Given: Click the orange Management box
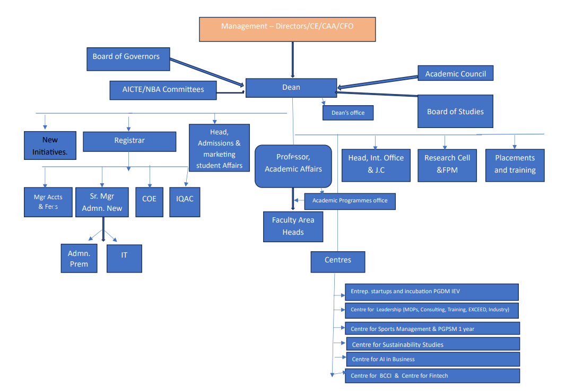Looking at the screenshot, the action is click(288, 29).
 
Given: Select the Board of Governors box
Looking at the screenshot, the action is click(128, 59).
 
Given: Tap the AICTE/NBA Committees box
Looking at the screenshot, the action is click(163, 90).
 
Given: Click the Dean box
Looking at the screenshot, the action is click(291, 88).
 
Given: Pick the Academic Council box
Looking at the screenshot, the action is click(456, 73).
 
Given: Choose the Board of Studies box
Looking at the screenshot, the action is click(456, 112).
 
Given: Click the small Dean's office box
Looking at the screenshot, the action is click(348, 113).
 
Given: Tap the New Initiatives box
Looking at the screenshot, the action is click(50, 146).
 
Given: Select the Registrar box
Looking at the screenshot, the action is click(129, 141).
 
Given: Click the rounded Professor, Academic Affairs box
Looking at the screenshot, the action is click(293, 166).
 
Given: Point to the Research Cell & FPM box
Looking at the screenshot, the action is click(447, 165).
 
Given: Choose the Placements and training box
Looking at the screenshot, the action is click(515, 165).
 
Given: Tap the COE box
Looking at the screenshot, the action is click(150, 202).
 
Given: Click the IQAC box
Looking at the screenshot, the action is click(185, 202).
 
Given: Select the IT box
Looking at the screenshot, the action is click(124, 258).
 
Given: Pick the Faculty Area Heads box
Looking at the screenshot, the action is click(293, 227).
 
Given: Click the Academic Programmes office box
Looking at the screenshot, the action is click(350, 201).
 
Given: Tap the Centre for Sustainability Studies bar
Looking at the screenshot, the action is click(433, 344).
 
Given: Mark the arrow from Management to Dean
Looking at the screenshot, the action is click(293, 59).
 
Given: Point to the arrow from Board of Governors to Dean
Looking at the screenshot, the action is click(207, 72).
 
